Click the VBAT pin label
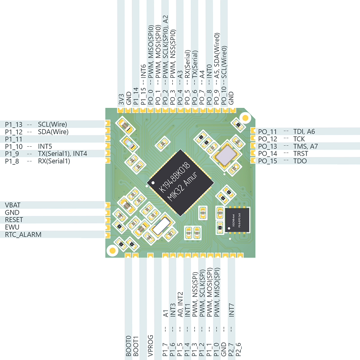tap(13, 205)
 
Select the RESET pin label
tap(14, 220)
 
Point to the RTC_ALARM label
tap(23, 234)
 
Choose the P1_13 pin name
tap(13, 125)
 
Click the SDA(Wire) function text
tap(53, 132)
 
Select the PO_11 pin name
tap(268, 131)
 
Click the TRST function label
tap(301, 153)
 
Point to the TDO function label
tap(300, 161)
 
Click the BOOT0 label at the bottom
tap(128, 346)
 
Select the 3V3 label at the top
tap(121, 99)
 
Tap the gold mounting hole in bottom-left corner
tap(111, 248)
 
